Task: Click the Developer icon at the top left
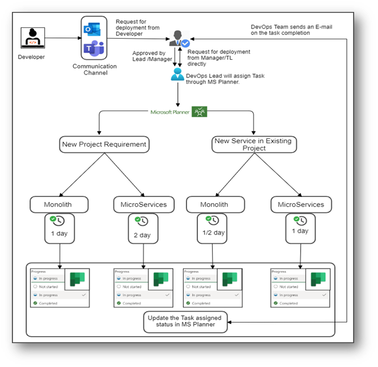tap(32, 38)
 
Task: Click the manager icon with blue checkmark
tap(179, 39)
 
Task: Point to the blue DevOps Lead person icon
tap(178, 76)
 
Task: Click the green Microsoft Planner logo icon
tap(199, 112)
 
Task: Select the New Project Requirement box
tap(104, 145)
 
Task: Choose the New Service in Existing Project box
tap(255, 145)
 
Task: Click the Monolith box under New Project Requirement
tap(59, 204)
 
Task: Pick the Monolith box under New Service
tap(214, 204)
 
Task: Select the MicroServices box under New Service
tap(301, 204)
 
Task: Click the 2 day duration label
tap(142, 235)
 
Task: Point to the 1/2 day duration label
tap(214, 233)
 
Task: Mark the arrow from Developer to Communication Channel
tap(63, 38)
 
